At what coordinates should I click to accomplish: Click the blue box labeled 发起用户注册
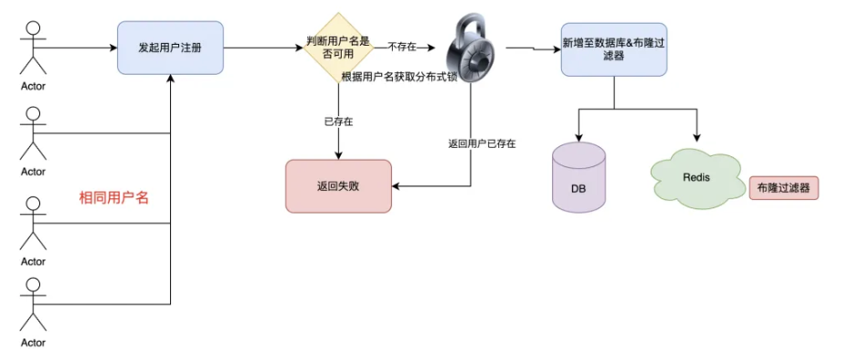coord(171,48)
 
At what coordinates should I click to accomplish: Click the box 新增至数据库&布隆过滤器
coord(613,48)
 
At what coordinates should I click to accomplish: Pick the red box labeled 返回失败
coord(338,185)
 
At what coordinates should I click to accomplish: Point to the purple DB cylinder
coord(578,177)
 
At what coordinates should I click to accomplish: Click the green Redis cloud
coord(695,176)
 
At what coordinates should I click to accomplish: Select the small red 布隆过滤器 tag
coord(783,188)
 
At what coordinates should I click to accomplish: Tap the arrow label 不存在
coord(404,46)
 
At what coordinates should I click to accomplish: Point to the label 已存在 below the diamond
coord(338,121)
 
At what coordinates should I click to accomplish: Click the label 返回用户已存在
coord(482,143)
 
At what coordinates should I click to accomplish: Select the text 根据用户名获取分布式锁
coord(398,78)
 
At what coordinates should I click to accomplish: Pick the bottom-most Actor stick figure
coord(33,306)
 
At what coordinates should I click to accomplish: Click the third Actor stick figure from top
coord(33,224)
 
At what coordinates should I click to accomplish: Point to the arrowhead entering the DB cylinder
coord(578,136)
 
